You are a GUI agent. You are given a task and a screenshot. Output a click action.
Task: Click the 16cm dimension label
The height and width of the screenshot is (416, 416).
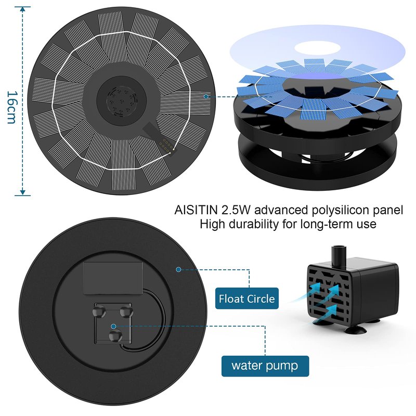[x=12, y=108]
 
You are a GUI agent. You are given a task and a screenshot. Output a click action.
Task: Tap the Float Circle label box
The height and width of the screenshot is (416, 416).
[x=246, y=298]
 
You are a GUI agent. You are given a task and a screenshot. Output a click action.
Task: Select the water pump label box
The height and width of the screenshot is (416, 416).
[x=265, y=366]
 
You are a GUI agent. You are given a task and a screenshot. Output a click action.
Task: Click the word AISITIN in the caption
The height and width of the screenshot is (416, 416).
[x=196, y=210]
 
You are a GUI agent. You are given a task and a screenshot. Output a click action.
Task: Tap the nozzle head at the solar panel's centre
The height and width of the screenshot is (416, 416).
[x=122, y=101]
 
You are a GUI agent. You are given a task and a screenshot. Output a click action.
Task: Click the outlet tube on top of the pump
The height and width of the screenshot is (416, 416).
[x=339, y=255]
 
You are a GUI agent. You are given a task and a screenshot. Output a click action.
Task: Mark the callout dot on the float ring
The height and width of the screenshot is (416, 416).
[x=178, y=269]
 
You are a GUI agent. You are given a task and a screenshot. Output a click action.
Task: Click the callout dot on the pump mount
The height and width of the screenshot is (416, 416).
[x=113, y=327]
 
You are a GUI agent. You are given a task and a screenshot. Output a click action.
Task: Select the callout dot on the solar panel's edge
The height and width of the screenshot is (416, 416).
[x=206, y=97]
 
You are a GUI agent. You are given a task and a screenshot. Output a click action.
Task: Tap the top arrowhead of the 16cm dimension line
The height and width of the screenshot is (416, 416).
[x=23, y=9]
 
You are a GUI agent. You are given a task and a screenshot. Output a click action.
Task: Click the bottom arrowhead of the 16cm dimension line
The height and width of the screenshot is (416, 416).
[x=23, y=192]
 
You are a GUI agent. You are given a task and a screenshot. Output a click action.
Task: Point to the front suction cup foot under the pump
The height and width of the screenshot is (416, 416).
[x=356, y=330]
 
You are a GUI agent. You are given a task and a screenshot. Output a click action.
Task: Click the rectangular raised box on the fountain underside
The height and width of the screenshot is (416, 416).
[x=113, y=278]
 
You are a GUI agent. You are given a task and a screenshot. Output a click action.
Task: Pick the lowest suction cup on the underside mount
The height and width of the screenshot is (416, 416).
[x=115, y=336]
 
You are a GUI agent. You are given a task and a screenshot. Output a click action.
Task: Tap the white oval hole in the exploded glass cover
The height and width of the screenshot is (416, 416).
[x=318, y=48]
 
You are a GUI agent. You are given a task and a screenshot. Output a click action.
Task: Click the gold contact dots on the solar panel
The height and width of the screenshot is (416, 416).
[x=166, y=145]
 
